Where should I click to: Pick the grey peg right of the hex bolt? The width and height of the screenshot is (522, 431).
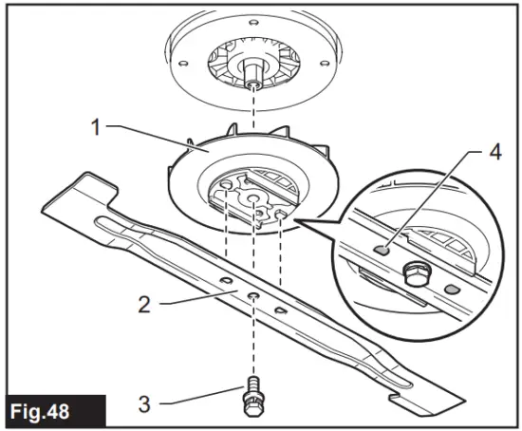[453, 287]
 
